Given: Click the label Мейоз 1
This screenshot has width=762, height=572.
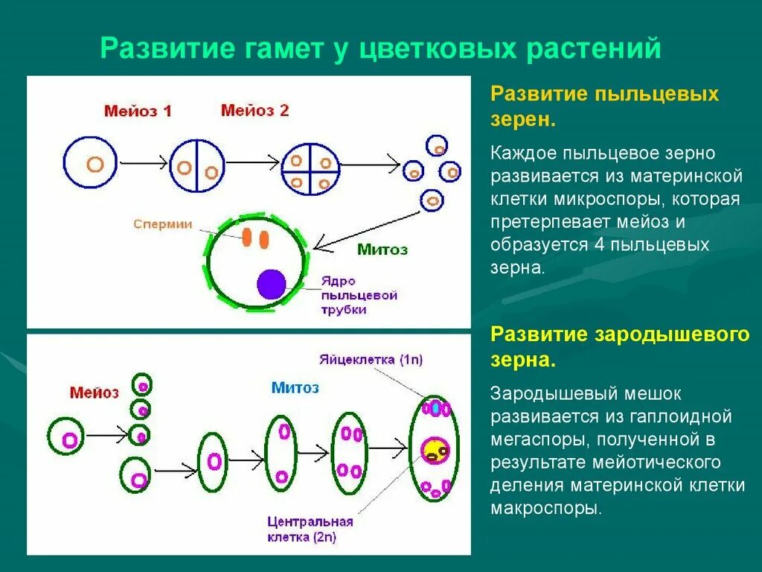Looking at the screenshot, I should pos(138,112).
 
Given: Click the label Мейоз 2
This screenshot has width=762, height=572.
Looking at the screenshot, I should pos(254,111).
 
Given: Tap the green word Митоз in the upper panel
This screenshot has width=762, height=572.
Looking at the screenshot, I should pos(382,250).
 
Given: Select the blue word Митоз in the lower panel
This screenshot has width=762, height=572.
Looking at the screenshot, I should pos(295,387).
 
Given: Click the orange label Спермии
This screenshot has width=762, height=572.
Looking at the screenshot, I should pos(163,223).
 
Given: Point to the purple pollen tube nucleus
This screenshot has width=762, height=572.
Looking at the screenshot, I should pos(272,285).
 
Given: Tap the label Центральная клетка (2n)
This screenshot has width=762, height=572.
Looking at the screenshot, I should pos(310,529).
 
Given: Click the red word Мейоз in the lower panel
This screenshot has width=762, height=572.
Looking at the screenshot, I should pos(95,392).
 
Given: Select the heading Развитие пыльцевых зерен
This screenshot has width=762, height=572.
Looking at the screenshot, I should pos(604,106).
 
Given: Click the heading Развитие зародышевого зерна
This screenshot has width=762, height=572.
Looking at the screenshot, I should pos(620,347).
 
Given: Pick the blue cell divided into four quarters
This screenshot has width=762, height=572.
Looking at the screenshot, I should pos(310,171).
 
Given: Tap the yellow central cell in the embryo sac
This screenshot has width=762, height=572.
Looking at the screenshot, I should pos(434,449).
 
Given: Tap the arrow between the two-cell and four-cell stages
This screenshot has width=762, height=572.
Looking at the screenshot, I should pos(252,162).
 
